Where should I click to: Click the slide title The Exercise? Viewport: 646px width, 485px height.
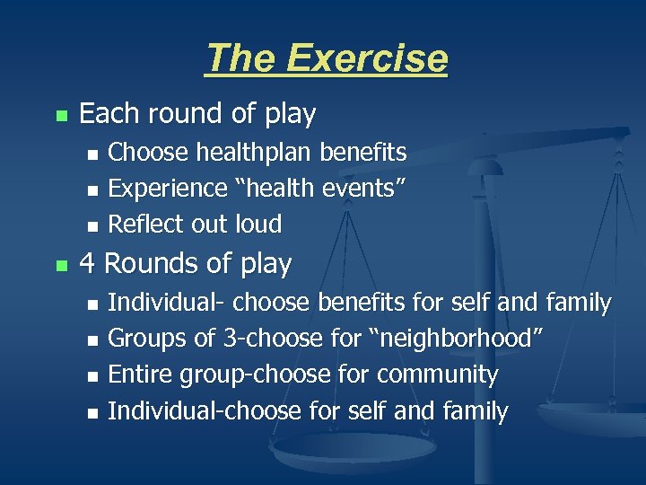[x=326, y=59]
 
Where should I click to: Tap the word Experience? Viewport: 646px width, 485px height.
[x=168, y=189]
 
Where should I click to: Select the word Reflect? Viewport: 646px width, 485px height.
[x=144, y=224]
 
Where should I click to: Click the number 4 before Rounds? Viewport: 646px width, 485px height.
[x=87, y=264]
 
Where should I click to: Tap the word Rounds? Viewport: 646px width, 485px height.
[x=148, y=264]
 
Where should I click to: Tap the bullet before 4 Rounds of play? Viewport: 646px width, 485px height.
[x=60, y=266]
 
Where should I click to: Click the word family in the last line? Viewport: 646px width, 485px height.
[x=476, y=411]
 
